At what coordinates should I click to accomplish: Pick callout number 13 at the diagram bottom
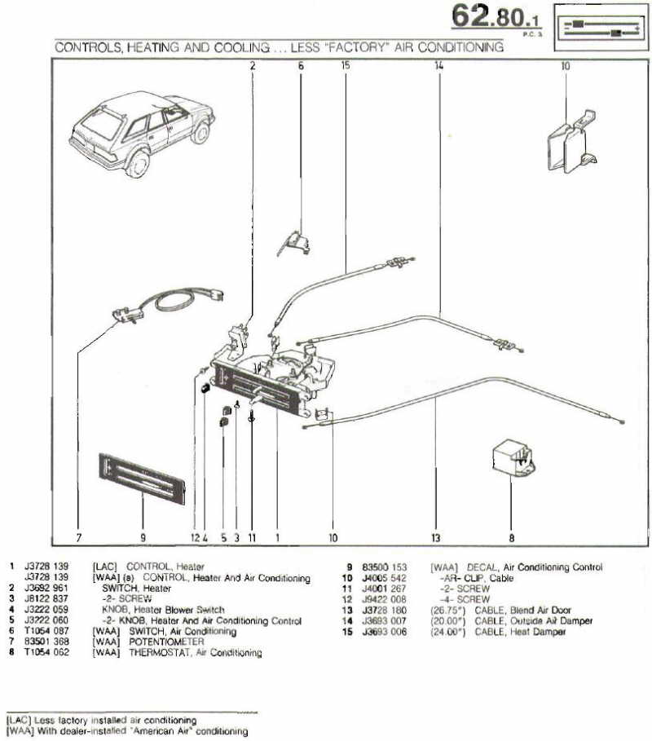[436, 538]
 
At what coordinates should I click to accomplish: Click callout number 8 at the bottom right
[512, 538]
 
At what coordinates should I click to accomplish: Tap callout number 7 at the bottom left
[79, 538]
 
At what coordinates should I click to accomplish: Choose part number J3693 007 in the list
[385, 620]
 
